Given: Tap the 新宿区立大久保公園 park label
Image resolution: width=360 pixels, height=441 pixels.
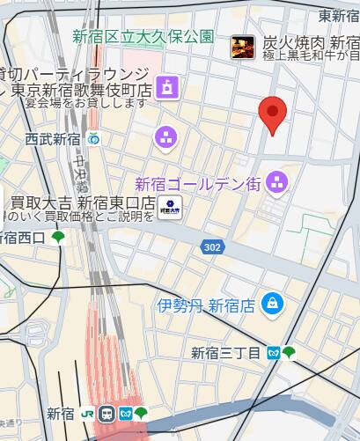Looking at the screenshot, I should click(x=144, y=36).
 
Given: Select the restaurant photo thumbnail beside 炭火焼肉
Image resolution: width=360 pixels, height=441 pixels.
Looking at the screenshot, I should click(x=243, y=48).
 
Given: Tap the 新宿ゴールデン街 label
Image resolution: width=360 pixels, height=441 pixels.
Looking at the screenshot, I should click(x=197, y=184).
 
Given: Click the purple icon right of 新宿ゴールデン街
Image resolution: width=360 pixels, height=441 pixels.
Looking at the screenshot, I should click(x=276, y=182).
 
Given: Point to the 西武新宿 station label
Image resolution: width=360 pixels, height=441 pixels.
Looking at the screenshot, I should click(x=53, y=138).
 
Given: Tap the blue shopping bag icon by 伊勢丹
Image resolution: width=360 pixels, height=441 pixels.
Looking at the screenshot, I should click(x=275, y=303).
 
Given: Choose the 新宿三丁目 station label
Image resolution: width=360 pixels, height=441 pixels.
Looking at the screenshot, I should click(x=226, y=353).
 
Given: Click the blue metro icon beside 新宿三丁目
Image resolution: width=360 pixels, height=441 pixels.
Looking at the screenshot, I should click(x=274, y=352).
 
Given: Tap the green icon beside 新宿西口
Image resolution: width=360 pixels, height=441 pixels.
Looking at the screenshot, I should click(x=58, y=237).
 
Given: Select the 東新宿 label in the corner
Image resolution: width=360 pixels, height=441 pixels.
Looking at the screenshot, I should click(x=338, y=16).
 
